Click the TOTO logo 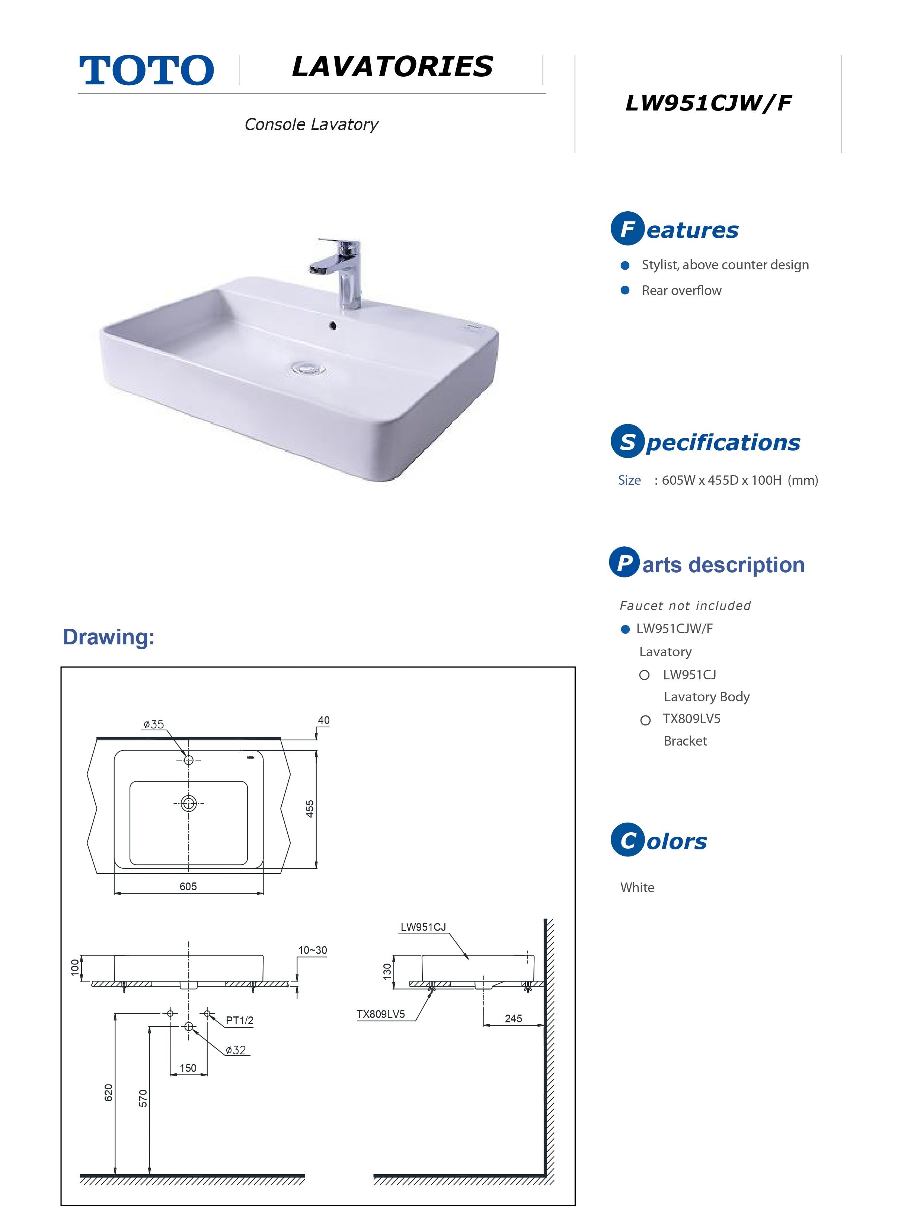point(146,70)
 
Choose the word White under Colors point(637,887)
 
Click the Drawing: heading point(108,637)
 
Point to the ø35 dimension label point(154,724)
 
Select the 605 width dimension point(188,886)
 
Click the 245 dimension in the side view point(513,1018)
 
